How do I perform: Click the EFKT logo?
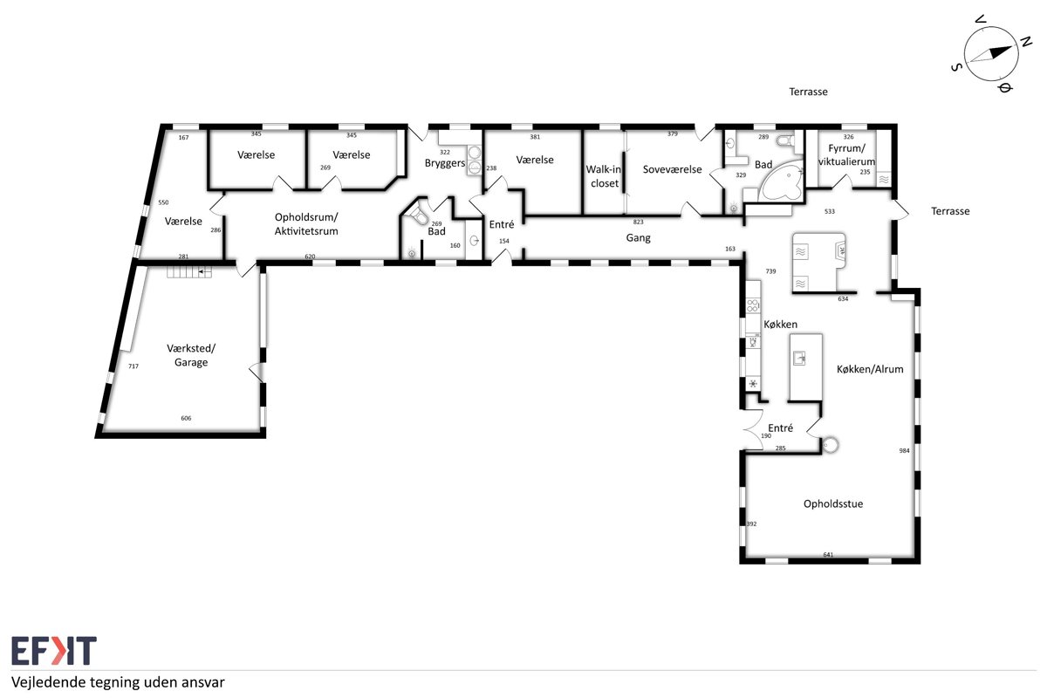54,650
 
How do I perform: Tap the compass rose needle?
991,54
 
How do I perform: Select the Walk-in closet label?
604,176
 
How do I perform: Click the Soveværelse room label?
672,169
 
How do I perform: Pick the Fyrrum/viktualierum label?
846,154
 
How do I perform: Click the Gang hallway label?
638,238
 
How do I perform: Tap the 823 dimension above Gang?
638,222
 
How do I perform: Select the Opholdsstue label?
833,504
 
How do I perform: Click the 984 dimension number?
904,451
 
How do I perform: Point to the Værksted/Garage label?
191,355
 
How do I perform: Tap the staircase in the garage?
189,271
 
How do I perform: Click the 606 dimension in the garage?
186,418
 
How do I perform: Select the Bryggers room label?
445,163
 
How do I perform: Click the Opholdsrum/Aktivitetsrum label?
306,224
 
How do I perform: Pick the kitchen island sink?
799,359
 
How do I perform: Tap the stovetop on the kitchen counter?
753,305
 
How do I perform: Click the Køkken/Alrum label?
870,369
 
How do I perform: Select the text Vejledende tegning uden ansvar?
118,682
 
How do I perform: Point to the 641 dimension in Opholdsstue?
828,555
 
